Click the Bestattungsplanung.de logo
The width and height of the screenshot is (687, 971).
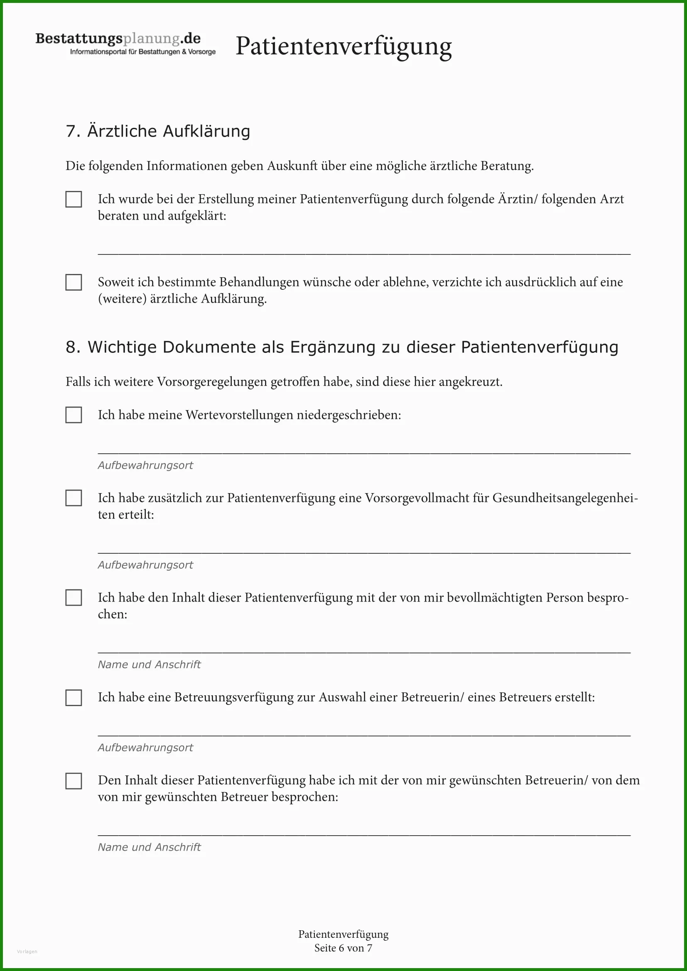tap(118, 39)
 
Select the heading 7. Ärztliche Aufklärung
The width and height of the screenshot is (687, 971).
tap(158, 131)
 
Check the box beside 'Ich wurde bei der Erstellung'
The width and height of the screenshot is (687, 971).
tap(74, 199)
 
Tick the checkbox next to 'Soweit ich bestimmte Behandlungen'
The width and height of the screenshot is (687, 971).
tap(74, 282)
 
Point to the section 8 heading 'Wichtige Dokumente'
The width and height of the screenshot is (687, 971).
tap(342, 347)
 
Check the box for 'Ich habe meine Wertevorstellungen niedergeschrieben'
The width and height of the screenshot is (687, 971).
tap(74, 415)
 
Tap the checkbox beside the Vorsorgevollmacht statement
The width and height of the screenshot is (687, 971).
tap(74, 498)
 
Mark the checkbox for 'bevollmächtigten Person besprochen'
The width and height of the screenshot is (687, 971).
tap(74, 597)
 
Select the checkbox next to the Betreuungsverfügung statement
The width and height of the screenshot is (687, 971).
tap(74, 697)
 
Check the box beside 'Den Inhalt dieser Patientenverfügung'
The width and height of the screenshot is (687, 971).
tap(74, 781)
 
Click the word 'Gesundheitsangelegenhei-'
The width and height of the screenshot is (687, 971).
tap(565, 498)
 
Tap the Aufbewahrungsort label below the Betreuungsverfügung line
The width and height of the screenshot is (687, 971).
tap(145, 747)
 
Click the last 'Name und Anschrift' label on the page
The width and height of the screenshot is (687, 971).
tap(149, 847)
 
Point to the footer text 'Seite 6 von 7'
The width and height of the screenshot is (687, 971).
tap(343, 948)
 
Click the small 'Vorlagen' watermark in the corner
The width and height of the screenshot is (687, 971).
tap(27, 951)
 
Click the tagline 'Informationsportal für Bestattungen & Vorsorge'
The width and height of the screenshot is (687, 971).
tap(142, 52)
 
